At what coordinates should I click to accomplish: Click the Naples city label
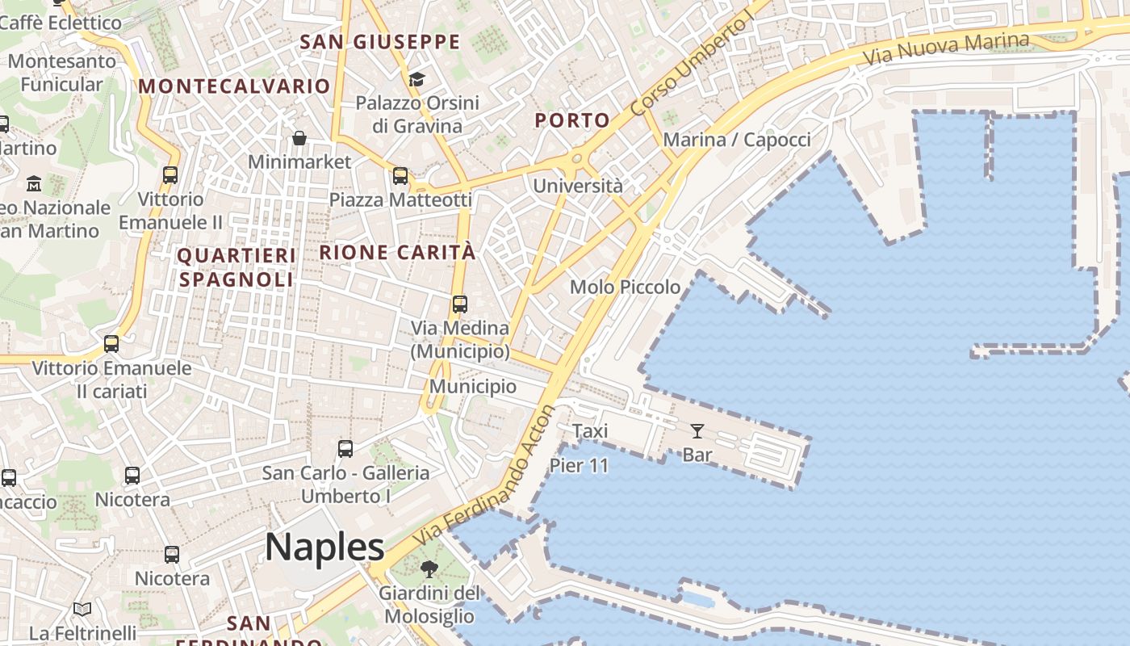pyautogui.click(x=324, y=547)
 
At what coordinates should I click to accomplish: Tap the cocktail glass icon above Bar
pyautogui.click(x=697, y=431)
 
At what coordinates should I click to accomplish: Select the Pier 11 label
pyautogui.click(x=579, y=465)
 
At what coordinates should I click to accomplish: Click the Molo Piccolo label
pyautogui.click(x=625, y=287)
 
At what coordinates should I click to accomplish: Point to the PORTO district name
pyautogui.click(x=572, y=121)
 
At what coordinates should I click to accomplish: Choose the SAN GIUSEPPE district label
pyautogui.click(x=379, y=42)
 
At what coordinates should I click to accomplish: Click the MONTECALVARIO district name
pyautogui.click(x=234, y=86)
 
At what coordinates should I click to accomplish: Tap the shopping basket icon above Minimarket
pyautogui.click(x=299, y=138)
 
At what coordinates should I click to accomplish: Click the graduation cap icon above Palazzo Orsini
pyautogui.click(x=416, y=79)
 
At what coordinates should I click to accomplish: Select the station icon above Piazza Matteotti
pyautogui.click(x=400, y=175)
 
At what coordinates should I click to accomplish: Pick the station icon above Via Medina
pyautogui.click(x=460, y=304)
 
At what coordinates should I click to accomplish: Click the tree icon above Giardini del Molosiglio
pyautogui.click(x=429, y=569)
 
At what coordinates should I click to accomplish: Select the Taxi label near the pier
pyautogui.click(x=590, y=431)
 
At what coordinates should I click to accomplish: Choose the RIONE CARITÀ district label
pyautogui.click(x=397, y=252)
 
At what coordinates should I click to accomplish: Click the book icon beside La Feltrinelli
pyautogui.click(x=82, y=609)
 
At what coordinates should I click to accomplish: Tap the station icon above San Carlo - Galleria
pyautogui.click(x=345, y=449)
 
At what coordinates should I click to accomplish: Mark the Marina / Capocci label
pyautogui.click(x=737, y=140)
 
